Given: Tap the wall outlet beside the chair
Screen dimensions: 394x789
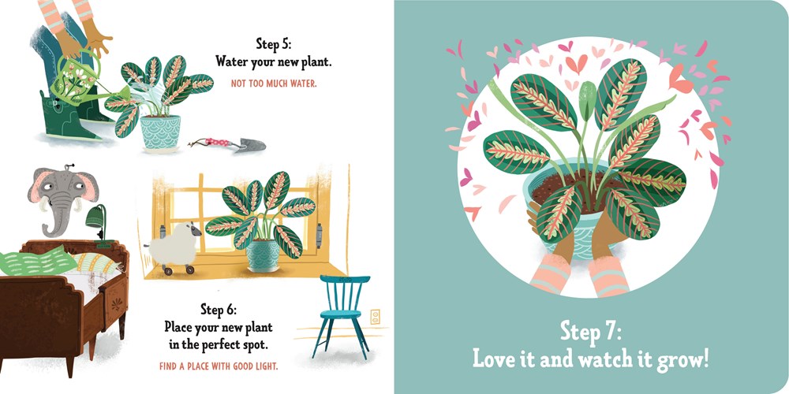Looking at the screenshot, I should (x=375, y=318).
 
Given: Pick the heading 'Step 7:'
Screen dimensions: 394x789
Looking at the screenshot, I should (x=591, y=329).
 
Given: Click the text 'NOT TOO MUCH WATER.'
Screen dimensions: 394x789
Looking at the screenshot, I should (x=274, y=83).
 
